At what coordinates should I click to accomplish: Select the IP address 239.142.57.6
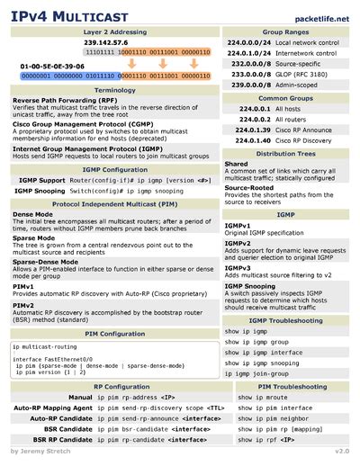coord(106,42)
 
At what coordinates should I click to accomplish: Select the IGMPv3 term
coord(237,267)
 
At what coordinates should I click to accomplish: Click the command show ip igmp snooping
coord(264,363)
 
